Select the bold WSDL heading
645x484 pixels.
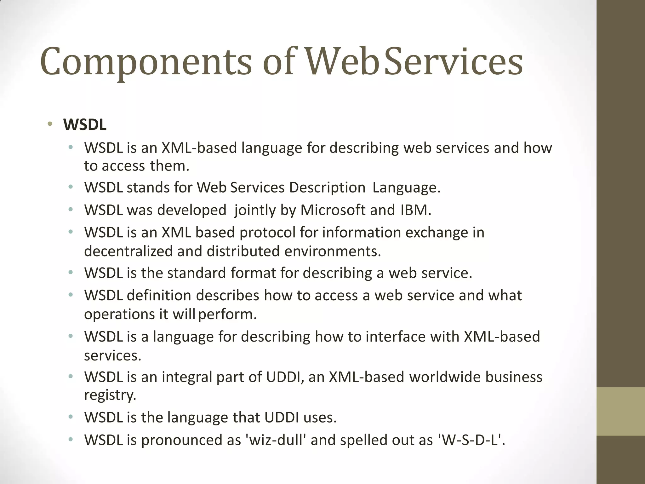click(x=85, y=125)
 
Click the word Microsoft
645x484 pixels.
click(x=333, y=210)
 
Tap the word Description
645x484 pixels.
click(x=327, y=188)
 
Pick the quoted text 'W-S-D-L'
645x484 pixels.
click(x=470, y=440)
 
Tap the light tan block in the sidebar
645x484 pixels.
click(x=620, y=411)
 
